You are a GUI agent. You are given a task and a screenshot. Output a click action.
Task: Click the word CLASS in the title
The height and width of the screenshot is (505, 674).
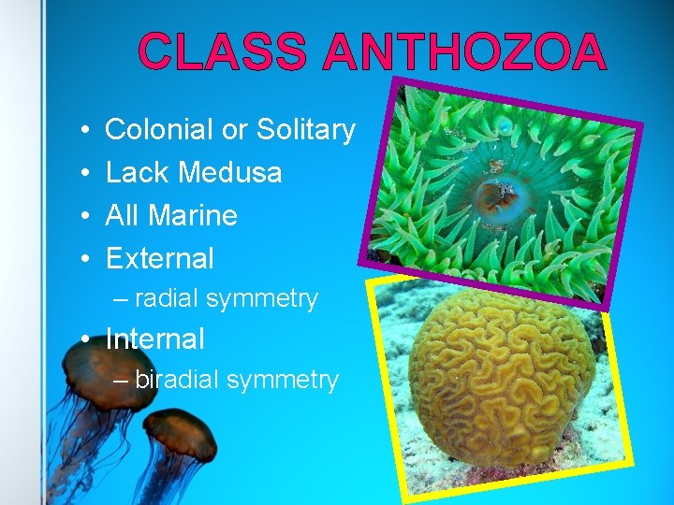click(x=222, y=52)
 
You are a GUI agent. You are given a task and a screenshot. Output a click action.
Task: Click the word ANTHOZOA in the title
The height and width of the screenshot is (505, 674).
click(x=464, y=52)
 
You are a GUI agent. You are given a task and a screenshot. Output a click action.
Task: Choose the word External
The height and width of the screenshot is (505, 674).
click(x=160, y=258)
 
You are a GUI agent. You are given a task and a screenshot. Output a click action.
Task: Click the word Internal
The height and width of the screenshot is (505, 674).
click(x=154, y=339)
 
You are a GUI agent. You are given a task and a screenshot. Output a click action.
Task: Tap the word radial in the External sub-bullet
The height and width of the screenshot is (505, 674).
click(x=167, y=299)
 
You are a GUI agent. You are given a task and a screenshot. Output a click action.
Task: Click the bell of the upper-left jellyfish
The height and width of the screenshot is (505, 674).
click(x=95, y=360)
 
